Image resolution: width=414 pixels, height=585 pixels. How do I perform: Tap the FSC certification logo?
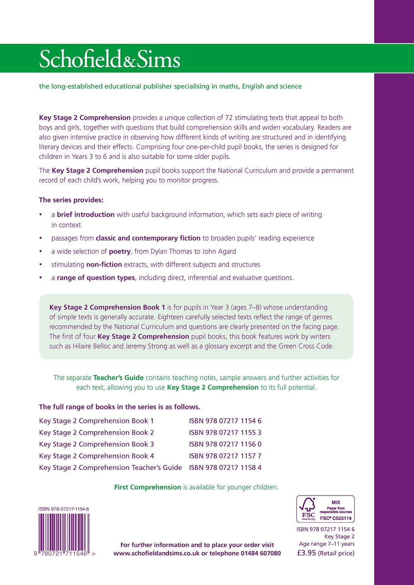click(325, 509)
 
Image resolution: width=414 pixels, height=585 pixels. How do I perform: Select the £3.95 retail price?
click(307, 553)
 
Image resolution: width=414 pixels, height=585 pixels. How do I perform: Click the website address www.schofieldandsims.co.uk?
click(156, 553)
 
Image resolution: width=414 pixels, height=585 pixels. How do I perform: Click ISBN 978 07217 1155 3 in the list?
click(225, 432)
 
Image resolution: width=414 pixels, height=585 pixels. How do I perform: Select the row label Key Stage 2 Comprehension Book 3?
click(96, 444)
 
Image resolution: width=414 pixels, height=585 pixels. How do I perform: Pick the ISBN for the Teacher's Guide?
click(225, 467)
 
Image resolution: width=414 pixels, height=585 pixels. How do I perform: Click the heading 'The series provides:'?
click(71, 200)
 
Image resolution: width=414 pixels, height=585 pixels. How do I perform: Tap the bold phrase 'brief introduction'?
click(86, 214)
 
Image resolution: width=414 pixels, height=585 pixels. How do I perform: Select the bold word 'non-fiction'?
click(104, 265)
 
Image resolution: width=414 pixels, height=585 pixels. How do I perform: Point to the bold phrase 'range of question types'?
click(96, 278)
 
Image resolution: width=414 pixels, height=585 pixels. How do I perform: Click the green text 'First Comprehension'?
click(148, 487)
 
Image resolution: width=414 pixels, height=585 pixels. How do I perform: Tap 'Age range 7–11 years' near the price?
click(327, 544)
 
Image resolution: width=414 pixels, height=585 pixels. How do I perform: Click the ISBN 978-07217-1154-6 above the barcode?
click(64, 509)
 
